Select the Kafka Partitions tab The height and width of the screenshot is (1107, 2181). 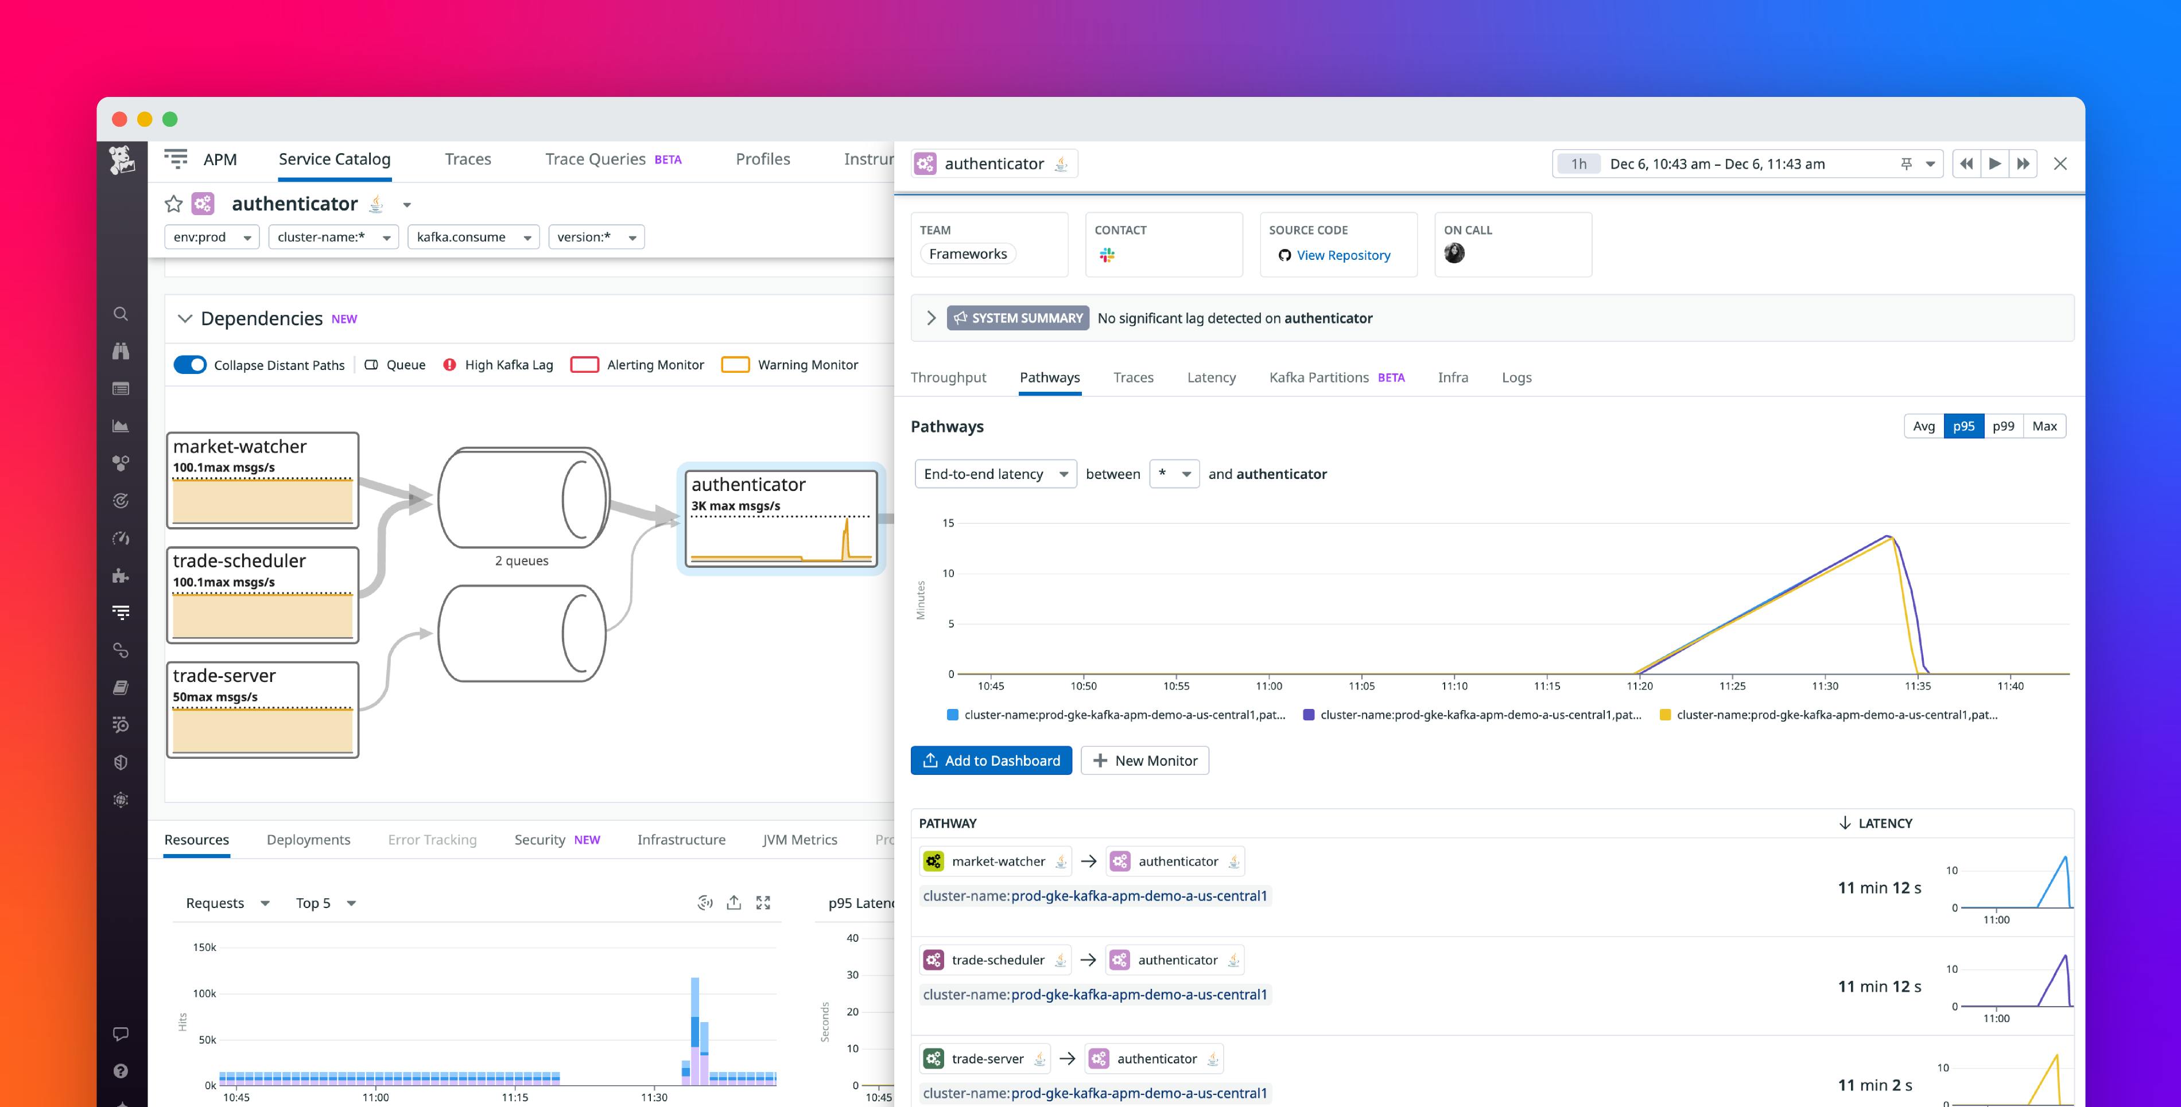click(1318, 377)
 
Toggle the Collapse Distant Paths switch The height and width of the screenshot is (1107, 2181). click(189, 365)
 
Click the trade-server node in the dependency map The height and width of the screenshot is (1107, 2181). click(262, 709)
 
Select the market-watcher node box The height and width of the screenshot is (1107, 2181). click(262, 480)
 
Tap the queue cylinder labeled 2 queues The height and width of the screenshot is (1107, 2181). click(522, 500)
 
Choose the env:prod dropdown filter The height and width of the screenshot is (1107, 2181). click(212, 237)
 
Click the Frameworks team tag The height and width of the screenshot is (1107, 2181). click(968, 254)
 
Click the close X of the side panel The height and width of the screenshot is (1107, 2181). click(2060, 164)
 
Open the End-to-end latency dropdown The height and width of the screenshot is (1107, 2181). click(995, 474)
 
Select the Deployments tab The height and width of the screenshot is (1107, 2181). click(308, 840)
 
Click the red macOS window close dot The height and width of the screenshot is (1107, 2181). click(119, 119)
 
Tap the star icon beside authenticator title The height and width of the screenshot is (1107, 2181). click(173, 204)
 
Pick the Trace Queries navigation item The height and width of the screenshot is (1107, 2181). click(595, 159)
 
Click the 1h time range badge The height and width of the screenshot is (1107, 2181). click(1578, 164)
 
